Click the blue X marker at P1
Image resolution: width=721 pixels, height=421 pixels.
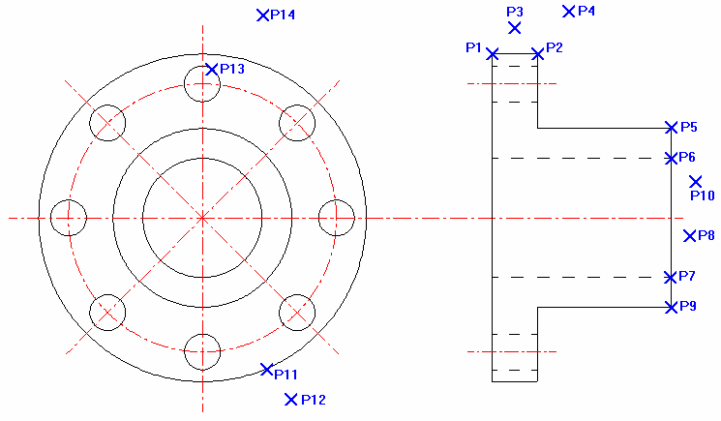pos(493,54)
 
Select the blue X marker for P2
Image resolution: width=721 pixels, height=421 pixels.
pos(538,54)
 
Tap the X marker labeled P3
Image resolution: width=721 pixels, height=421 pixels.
pos(515,28)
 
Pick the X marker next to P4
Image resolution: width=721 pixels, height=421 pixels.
pos(569,12)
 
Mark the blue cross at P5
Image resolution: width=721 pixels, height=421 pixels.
pos(672,128)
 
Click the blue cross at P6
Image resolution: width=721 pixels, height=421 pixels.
pos(672,158)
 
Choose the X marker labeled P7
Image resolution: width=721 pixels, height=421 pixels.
pos(672,278)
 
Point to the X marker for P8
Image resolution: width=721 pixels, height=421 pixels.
pos(689,235)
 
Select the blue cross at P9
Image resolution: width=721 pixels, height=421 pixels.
pos(672,308)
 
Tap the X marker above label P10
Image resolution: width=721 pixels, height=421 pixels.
pos(695,181)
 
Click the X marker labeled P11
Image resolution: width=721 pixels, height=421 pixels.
pos(267,369)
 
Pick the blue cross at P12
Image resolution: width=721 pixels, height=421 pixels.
pos(290,399)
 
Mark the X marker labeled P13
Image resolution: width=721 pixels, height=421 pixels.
pos(212,70)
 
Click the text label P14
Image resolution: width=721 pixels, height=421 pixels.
pos(284,15)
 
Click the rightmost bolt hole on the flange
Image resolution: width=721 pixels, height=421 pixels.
pos(337,218)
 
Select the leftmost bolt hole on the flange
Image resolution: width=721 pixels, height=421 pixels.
pos(68,218)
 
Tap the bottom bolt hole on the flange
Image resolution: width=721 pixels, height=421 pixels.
pos(202,351)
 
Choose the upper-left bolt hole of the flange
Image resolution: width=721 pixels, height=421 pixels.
pos(107,123)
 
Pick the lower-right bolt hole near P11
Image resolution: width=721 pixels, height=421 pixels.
pos(297,313)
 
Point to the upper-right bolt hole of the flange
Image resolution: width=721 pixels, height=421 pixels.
pos(297,123)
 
